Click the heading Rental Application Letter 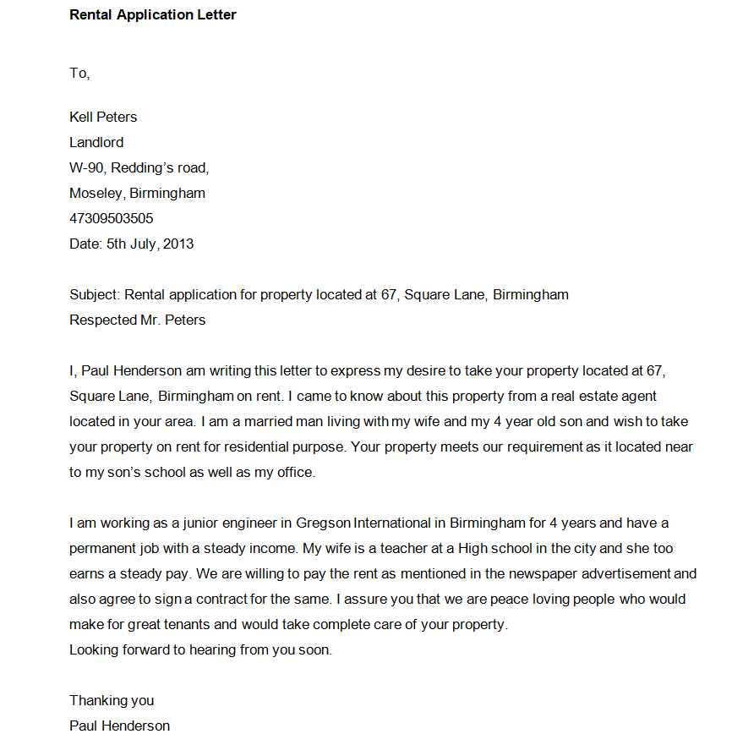(153, 14)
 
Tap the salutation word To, (79, 74)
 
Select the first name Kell (81, 117)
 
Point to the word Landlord (96, 142)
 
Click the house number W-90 (88, 167)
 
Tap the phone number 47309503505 (112, 218)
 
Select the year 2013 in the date (178, 244)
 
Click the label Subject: (95, 294)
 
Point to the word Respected (103, 320)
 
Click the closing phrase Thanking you (112, 700)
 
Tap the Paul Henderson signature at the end (119, 726)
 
